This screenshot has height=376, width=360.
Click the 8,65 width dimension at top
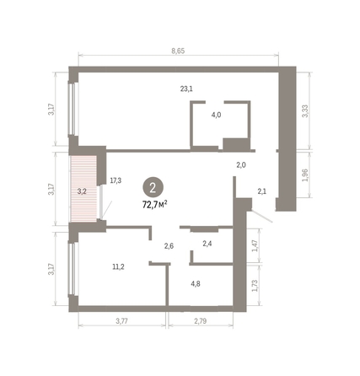[x=178, y=51]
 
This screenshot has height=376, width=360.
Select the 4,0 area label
[x=217, y=115]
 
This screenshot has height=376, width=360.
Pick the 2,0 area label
[x=240, y=165]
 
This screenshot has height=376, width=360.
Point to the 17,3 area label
[x=116, y=180]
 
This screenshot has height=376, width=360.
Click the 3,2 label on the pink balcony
[x=82, y=191]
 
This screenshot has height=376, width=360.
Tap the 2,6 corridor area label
[x=169, y=245]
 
